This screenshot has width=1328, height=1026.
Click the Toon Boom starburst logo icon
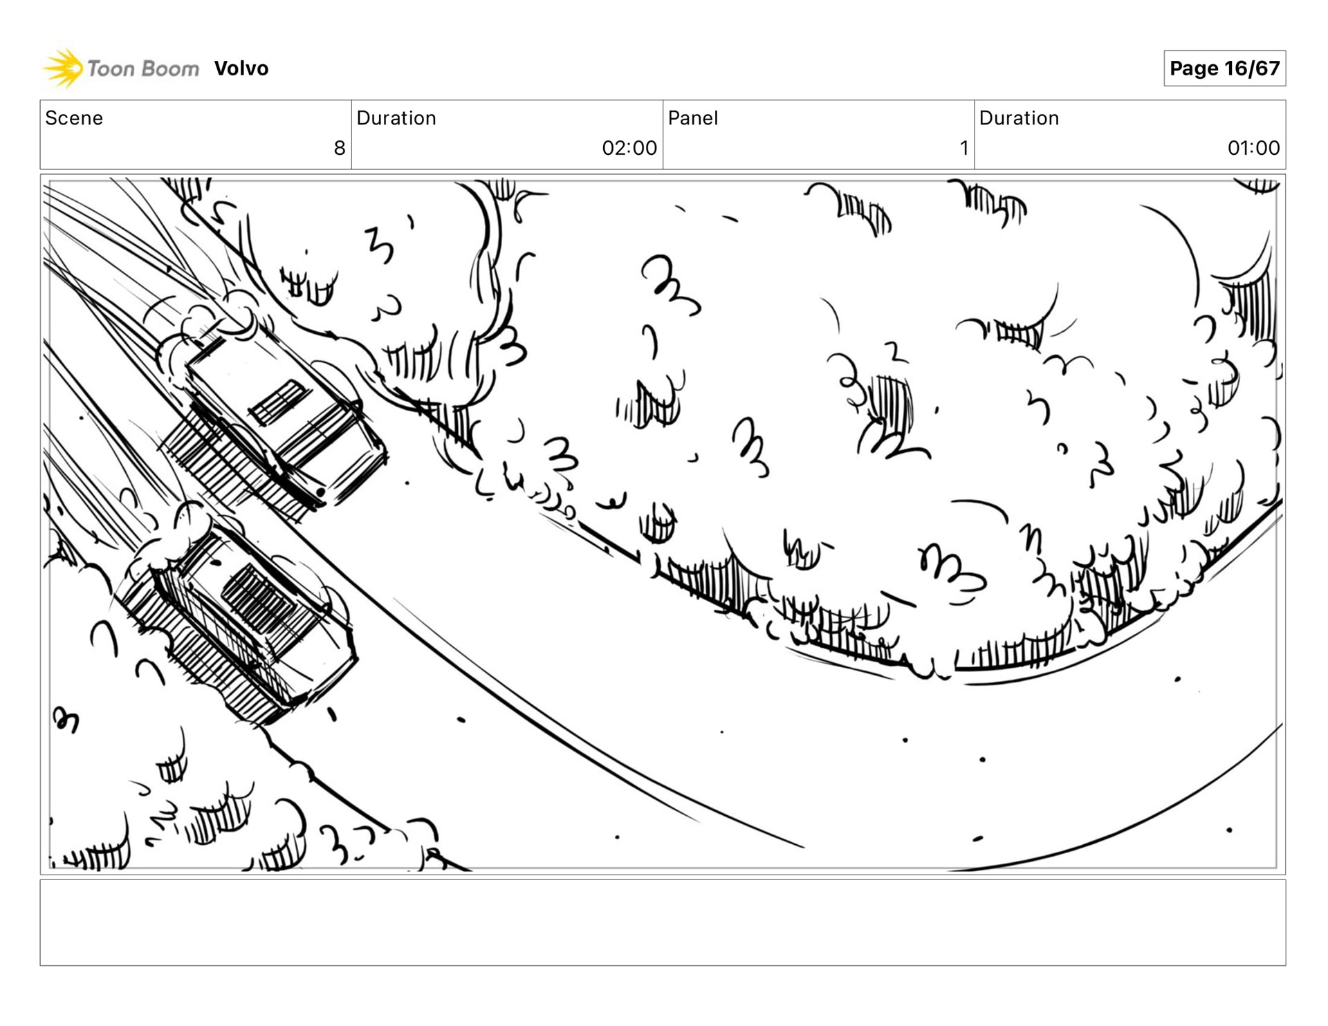(63, 68)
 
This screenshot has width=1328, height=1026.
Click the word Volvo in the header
(241, 68)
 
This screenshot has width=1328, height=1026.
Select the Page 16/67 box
(1224, 68)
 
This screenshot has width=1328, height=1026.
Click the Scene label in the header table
(74, 118)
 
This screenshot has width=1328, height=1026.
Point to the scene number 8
(340, 148)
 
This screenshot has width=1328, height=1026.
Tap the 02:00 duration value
(629, 148)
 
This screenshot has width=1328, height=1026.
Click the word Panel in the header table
(693, 118)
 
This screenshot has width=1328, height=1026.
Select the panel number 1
(964, 148)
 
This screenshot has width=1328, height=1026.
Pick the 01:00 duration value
(1253, 148)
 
